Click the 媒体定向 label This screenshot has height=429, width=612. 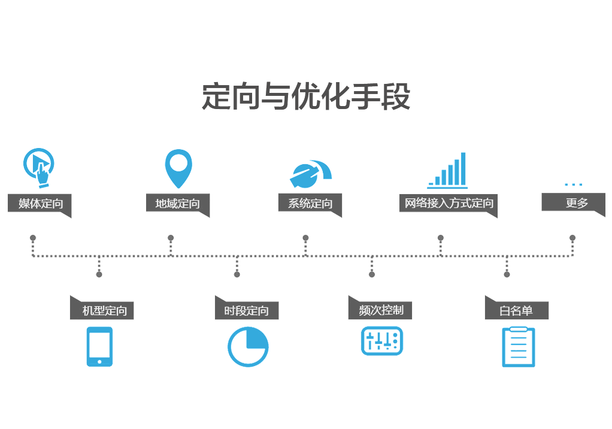point(40,204)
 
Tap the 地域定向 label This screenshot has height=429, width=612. point(177,204)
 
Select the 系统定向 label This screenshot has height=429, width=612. point(310,204)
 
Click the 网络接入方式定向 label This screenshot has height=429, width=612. point(449,203)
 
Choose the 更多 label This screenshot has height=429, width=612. point(576,203)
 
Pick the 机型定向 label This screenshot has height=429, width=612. point(105,311)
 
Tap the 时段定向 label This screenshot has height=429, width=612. point(246,311)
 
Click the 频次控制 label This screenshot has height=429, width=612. point(381,310)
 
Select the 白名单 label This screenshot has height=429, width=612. point(516,311)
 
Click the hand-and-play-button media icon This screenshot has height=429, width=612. point(39,164)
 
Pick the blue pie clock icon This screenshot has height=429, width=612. point(248,346)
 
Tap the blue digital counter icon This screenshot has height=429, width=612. point(382,343)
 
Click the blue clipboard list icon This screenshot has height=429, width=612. point(518,346)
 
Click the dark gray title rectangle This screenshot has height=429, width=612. point(305,96)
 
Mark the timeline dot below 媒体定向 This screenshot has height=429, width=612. point(33,238)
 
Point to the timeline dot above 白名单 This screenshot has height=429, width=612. point(507,274)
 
